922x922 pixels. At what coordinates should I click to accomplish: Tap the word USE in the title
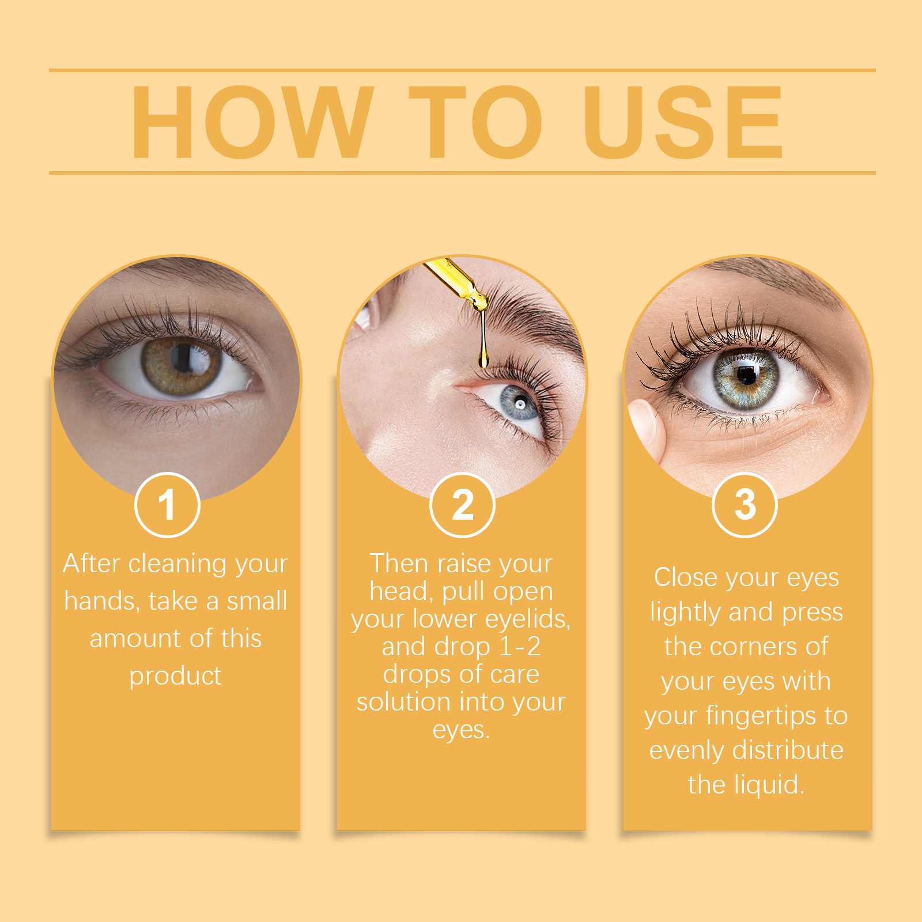(683, 122)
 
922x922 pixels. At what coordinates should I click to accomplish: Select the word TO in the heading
(476, 122)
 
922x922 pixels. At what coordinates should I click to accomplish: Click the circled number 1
(167, 505)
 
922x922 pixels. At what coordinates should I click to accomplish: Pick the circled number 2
(462, 505)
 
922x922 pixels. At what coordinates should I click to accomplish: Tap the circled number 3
(745, 505)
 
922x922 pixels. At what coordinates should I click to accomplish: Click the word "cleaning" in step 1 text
(177, 564)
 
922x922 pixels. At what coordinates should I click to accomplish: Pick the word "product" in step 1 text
(175, 677)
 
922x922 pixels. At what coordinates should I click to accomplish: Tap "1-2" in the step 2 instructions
(520, 647)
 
